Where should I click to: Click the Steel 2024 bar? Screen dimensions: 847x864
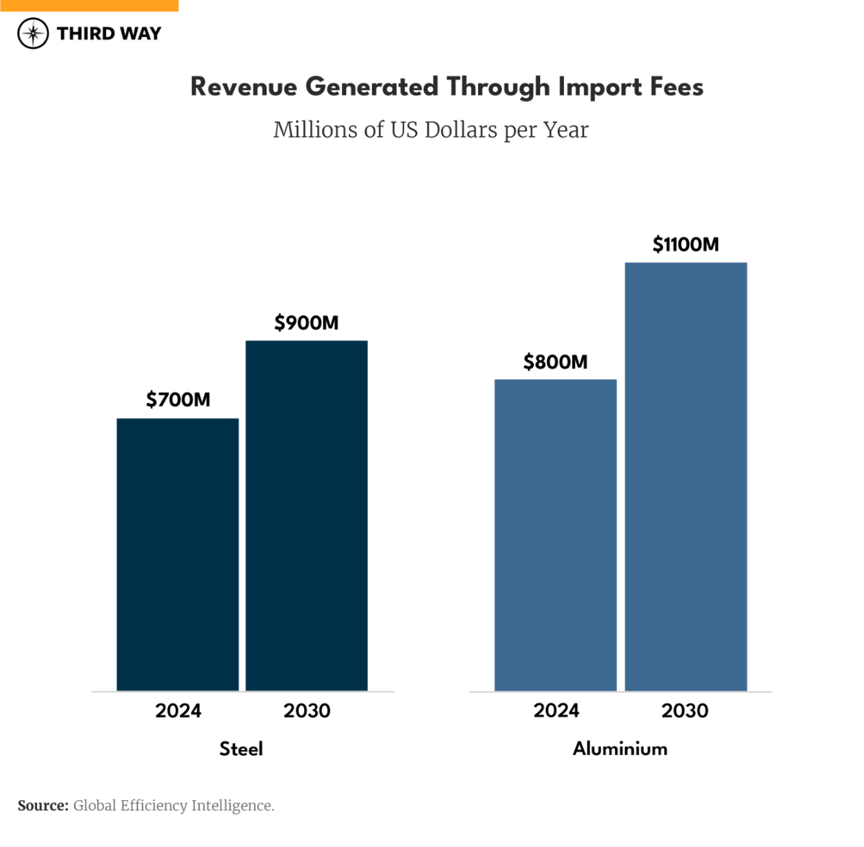(177, 555)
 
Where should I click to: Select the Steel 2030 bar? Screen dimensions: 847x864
(306, 515)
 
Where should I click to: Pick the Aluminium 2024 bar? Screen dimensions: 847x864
(555, 535)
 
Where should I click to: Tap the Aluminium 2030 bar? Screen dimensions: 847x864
(685, 476)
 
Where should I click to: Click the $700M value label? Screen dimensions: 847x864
(178, 400)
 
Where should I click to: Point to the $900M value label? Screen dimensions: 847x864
(306, 323)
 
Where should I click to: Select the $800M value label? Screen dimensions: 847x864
(555, 362)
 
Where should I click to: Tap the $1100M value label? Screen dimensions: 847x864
(685, 245)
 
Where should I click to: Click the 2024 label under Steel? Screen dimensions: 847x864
(178, 710)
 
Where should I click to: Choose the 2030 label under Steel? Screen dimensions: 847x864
(307, 710)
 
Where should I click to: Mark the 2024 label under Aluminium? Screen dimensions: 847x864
(556, 710)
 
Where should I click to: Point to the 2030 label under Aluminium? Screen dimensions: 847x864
(685, 710)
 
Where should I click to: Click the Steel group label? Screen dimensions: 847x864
(241, 748)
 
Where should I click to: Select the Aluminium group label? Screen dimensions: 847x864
(620, 748)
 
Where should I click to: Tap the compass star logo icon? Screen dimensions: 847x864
(33, 33)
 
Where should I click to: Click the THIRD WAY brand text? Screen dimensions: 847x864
(109, 34)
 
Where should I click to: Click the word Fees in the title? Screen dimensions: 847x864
(677, 88)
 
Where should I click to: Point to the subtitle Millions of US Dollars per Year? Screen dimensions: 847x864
(431, 130)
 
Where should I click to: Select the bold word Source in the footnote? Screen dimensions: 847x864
(43, 806)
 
